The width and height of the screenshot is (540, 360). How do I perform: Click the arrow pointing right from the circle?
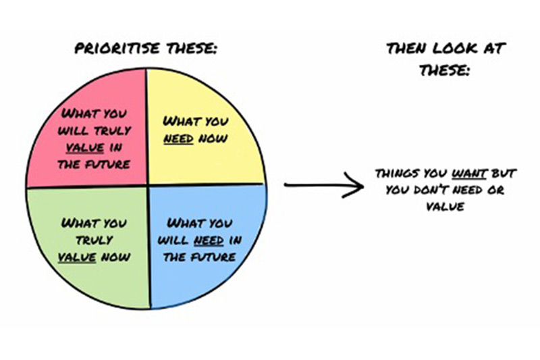point(324,185)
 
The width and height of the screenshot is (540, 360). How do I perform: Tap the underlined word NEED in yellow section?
point(178,139)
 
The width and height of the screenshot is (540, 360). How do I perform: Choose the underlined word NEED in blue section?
point(209,240)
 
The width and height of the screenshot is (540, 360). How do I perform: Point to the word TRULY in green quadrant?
point(94,240)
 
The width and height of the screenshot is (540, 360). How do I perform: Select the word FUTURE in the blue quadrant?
point(213,257)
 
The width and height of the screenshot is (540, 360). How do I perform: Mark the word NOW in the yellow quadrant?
point(213,139)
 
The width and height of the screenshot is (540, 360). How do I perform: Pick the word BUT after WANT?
point(504,174)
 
